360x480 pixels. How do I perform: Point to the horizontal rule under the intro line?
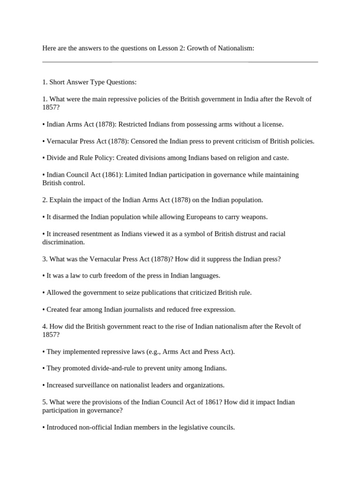pyautogui.click(x=180, y=61)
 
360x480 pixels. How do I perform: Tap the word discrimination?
pyautogui.click(x=63, y=242)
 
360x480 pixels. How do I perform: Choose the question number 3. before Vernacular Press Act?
pyautogui.click(x=45, y=259)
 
